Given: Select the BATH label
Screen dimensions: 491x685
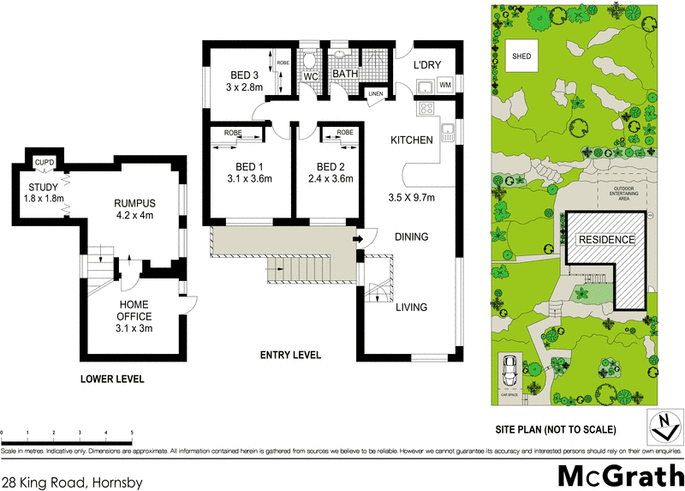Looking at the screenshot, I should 345,75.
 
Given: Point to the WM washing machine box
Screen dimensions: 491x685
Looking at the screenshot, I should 444,85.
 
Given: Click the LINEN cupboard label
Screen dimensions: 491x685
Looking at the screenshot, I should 375,93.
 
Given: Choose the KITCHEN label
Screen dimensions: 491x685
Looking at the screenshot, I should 412,140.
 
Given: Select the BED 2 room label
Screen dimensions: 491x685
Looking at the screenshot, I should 331,166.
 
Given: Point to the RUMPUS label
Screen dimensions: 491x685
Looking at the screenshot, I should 134,203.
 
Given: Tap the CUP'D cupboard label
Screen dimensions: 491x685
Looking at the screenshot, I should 45,162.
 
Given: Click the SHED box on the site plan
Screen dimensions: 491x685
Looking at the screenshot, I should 521,57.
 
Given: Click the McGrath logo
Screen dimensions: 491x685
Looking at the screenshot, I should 616,474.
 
